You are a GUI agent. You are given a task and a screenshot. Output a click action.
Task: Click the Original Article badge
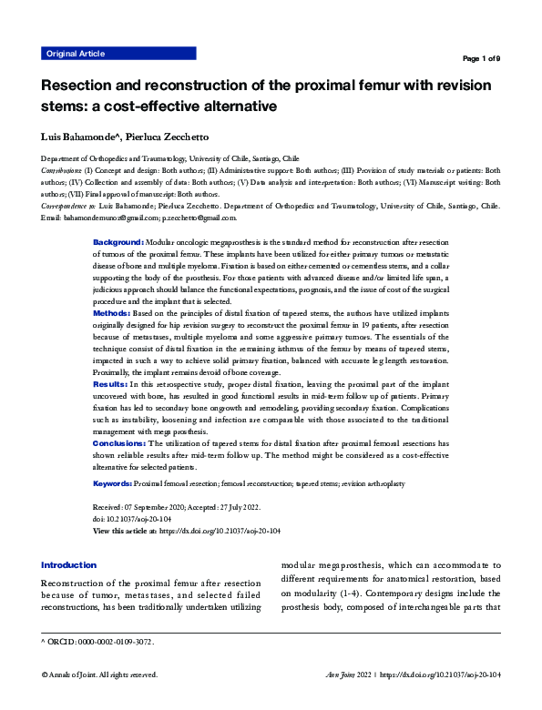click(75, 55)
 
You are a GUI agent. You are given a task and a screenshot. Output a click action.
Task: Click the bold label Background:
click(118, 243)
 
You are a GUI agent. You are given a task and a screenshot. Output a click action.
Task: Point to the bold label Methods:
click(113, 312)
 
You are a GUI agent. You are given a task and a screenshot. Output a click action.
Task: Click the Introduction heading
click(68, 565)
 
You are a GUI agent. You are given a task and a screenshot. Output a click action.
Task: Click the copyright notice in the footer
click(99, 675)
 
